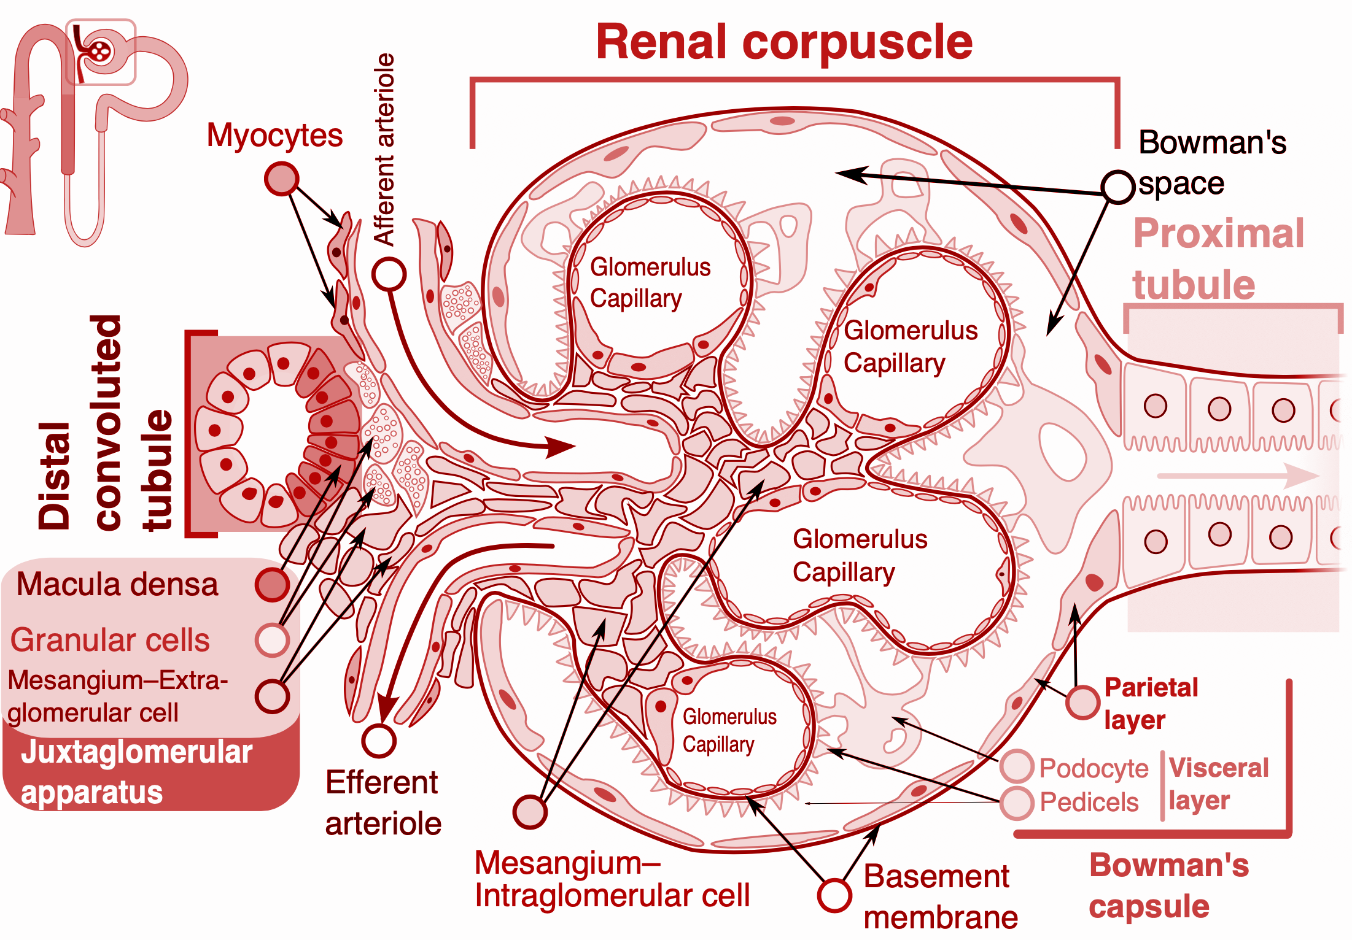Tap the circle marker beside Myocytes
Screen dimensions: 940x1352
tap(281, 179)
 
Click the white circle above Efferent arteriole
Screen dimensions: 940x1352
tap(379, 741)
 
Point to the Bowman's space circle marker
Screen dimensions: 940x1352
tap(1117, 187)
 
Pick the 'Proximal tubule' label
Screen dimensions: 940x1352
tap(1218, 258)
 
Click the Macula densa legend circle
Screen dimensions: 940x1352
tap(272, 584)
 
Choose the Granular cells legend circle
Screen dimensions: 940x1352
tap(272, 640)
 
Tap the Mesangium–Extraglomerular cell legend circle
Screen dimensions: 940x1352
tap(272, 696)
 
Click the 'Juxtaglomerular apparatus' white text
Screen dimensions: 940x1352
tap(136, 772)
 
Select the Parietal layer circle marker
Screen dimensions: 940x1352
tap(1082, 702)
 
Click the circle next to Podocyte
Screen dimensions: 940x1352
tap(1017, 766)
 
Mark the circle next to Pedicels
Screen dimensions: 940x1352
tap(1017, 802)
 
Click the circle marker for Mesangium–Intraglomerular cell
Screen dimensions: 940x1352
tap(530, 812)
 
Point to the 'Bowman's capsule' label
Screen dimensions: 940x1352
tap(1168, 885)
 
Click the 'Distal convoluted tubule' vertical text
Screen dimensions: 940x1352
tap(104, 423)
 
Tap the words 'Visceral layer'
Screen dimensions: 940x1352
tap(1218, 784)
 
